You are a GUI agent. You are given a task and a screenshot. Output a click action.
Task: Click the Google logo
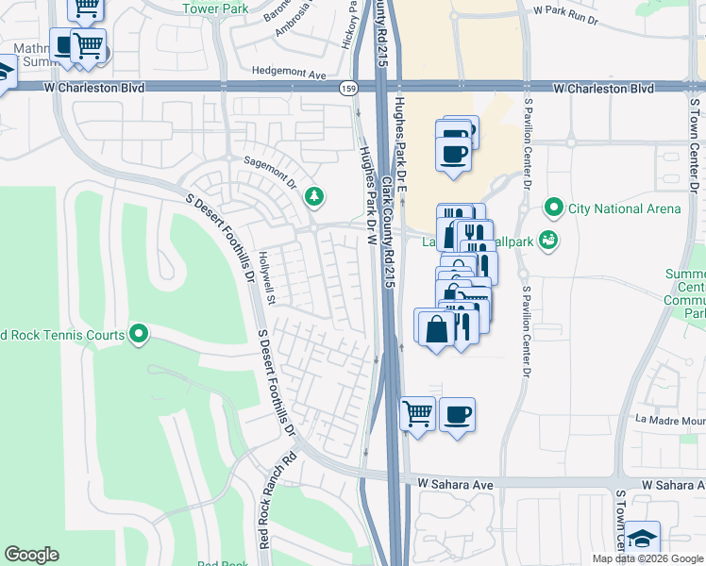click(32, 555)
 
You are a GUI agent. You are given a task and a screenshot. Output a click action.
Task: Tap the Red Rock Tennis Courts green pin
click(139, 334)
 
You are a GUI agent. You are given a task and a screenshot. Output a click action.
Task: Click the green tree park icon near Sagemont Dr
click(313, 196)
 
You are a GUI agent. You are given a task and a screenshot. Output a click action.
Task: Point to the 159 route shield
click(348, 88)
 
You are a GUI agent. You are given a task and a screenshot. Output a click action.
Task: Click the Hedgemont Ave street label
click(289, 72)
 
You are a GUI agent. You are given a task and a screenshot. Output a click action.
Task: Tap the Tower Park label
click(220, 8)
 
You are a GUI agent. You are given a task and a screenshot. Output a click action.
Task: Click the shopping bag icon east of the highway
click(435, 329)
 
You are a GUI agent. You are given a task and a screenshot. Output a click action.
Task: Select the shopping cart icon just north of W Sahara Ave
click(417, 414)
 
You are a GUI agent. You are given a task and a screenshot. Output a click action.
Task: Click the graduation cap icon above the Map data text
click(641, 539)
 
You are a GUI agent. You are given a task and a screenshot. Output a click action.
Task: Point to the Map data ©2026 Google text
click(647, 558)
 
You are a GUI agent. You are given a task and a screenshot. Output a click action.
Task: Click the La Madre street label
click(669, 420)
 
